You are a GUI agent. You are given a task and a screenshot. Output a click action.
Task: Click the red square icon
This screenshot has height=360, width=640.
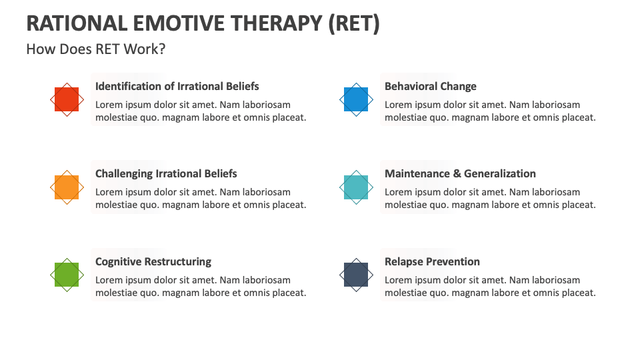pyautogui.click(x=67, y=99)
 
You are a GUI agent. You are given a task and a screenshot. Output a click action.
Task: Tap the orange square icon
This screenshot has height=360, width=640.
pyautogui.click(x=67, y=187)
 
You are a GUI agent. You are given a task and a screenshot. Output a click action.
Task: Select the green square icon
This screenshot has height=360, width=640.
pyautogui.click(x=67, y=275)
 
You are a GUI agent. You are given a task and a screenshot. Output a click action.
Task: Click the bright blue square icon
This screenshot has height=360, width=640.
pyautogui.click(x=356, y=99)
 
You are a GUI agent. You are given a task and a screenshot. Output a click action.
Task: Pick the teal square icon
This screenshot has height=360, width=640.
pyautogui.click(x=356, y=187)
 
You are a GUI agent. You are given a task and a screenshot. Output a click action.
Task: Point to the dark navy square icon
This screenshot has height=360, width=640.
pyautogui.click(x=356, y=275)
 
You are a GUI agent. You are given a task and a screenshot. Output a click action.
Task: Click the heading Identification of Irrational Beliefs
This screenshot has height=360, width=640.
pyautogui.click(x=177, y=86)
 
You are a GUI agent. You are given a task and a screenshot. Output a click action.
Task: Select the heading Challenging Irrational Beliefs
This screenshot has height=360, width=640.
pyautogui.click(x=166, y=173)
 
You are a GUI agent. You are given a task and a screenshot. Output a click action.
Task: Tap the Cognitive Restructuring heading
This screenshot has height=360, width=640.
pyautogui.click(x=153, y=261)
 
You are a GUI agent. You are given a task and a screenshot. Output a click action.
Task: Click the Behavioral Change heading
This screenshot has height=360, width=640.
pyautogui.click(x=430, y=86)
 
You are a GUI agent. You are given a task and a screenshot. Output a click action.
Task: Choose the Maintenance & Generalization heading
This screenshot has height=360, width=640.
pyautogui.click(x=460, y=173)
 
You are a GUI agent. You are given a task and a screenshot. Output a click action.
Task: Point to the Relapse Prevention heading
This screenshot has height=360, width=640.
pyautogui.click(x=432, y=261)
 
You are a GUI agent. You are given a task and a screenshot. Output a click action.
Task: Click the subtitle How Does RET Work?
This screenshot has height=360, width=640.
pyautogui.click(x=96, y=49)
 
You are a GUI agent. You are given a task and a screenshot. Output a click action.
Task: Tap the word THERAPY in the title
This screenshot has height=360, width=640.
pyautogui.click(x=278, y=23)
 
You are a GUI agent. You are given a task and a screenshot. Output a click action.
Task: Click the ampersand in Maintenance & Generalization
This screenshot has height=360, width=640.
pyautogui.click(x=457, y=173)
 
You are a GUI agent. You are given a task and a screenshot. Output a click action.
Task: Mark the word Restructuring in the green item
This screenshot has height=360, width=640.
pyautogui.click(x=178, y=261)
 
